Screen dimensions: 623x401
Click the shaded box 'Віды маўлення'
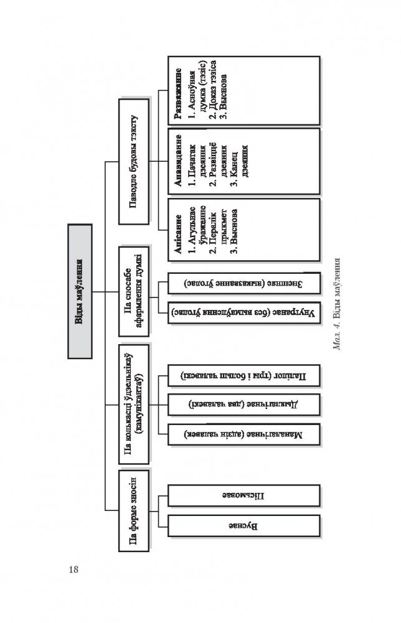(79, 291)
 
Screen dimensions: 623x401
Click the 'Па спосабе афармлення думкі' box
(134, 291)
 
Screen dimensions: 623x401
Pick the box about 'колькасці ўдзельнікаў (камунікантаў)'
(134, 403)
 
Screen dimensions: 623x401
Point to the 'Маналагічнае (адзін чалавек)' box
(244, 434)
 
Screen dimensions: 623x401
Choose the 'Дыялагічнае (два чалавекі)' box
(244, 403)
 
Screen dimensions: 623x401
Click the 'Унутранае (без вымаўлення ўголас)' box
(244, 310)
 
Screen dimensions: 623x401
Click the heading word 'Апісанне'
(179, 237)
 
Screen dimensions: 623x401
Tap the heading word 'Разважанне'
(179, 89)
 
